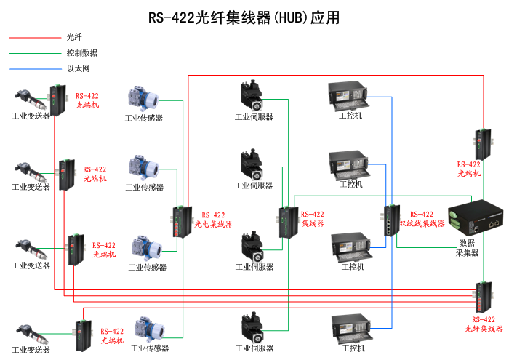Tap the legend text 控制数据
point(81,53)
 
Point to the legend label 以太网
point(78,69)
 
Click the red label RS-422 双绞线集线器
point(422,219)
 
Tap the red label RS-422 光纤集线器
point(484,324)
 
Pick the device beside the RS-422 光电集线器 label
point(180,223)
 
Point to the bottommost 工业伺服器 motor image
point(254,329)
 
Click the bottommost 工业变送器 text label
point(31,350)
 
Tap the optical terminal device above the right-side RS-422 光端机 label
point(481,143)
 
